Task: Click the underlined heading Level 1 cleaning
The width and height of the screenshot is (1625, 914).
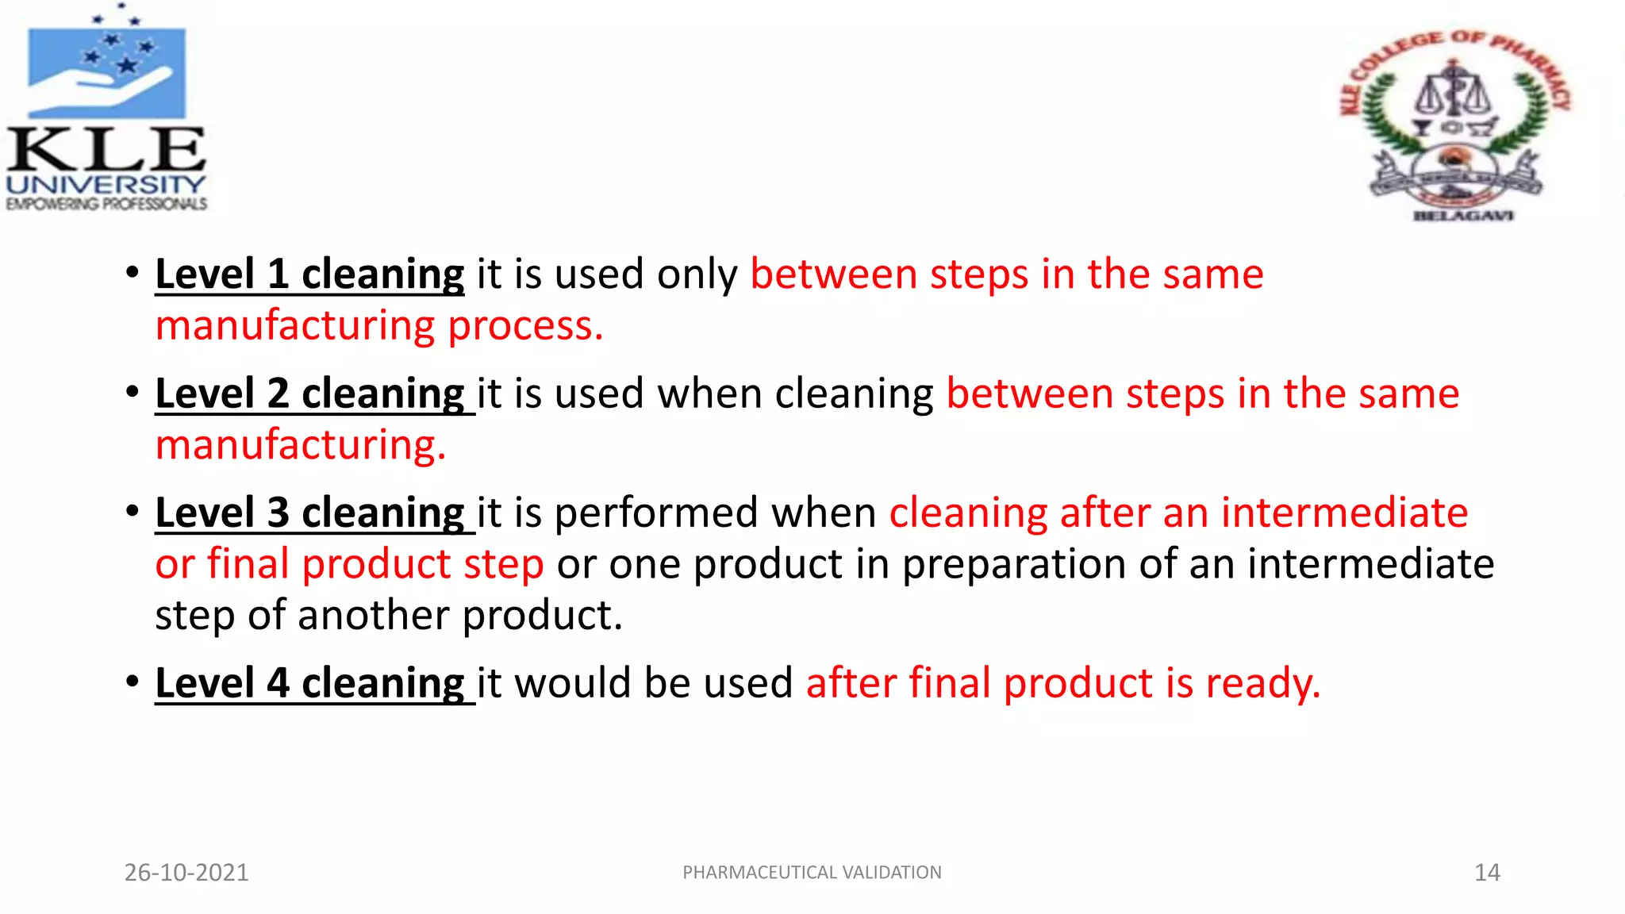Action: point(309,275)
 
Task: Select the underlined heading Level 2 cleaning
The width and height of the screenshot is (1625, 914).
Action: point(309,394)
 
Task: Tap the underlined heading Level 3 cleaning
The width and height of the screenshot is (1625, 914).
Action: point(309,513)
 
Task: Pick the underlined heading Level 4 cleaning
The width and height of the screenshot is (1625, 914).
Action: point(309,683)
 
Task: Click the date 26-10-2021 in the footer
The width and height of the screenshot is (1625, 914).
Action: point(186,873)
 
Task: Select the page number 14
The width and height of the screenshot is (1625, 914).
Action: point(1487,873)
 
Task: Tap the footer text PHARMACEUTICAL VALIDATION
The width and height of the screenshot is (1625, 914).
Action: point(812,873)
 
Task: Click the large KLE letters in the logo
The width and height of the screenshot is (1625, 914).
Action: point(106,149)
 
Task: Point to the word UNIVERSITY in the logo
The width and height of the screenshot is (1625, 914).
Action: point(106,185)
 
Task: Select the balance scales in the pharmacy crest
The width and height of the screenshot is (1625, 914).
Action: point(1453,94)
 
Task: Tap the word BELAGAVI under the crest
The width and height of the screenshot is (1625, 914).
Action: point(1464,215)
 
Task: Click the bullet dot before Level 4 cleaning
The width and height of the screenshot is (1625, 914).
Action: point(133,682)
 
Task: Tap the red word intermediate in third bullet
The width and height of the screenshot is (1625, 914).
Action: point(1344,513)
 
